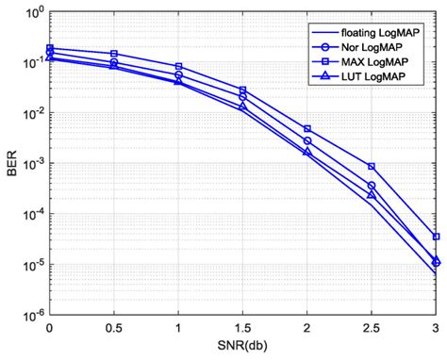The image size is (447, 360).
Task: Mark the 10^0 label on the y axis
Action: click(x=31, y=13)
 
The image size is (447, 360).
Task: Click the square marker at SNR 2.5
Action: click(x=372, y=167)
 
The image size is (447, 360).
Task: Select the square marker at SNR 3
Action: click(x=436, y=237)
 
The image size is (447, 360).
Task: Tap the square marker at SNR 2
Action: click(x=307, y=129)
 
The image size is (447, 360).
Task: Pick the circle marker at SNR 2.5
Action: click(x=372, y=186)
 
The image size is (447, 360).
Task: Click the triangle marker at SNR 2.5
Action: click(x=372, y=194)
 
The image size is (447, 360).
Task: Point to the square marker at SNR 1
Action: click(x=178, y=67)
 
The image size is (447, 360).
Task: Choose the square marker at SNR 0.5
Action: click(x=114, y=54)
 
